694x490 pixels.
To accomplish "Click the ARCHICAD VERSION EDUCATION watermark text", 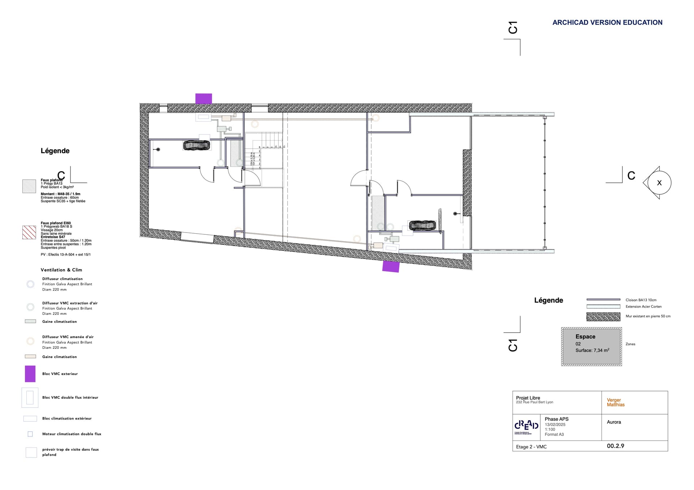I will (x=607, y=22).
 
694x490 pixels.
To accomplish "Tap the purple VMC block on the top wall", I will (x=204, y=99).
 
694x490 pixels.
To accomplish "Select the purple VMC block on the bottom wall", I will (x=391, y=266).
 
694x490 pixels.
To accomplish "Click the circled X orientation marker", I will (x=659, y=183).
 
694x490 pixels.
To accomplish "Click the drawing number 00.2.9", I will (x=615, y=446).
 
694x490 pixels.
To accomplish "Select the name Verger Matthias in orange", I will (x=615, y=402).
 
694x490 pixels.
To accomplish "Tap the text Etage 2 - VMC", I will (x=531, y=447).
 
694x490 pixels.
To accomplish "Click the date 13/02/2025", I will (x=555, y=425).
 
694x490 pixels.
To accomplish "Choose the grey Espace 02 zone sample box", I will (x=591, y=346).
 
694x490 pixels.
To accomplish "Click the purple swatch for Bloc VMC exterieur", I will (x=30, y=374).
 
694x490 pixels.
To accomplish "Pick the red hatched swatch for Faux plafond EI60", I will (x=29, y=232).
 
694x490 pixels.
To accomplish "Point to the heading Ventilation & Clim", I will (x=61, y=270).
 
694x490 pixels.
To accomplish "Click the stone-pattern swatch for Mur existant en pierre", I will (x=603, y=317).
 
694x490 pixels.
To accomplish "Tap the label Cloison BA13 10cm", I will (x=641, y=300).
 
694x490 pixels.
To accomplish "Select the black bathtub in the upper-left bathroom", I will (x=196, y=145).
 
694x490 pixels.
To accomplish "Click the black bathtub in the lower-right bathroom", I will (x=422, y=225).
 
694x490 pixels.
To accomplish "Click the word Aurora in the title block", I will (x=613, y=422).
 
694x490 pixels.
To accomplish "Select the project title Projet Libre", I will (x=528, y=398).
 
